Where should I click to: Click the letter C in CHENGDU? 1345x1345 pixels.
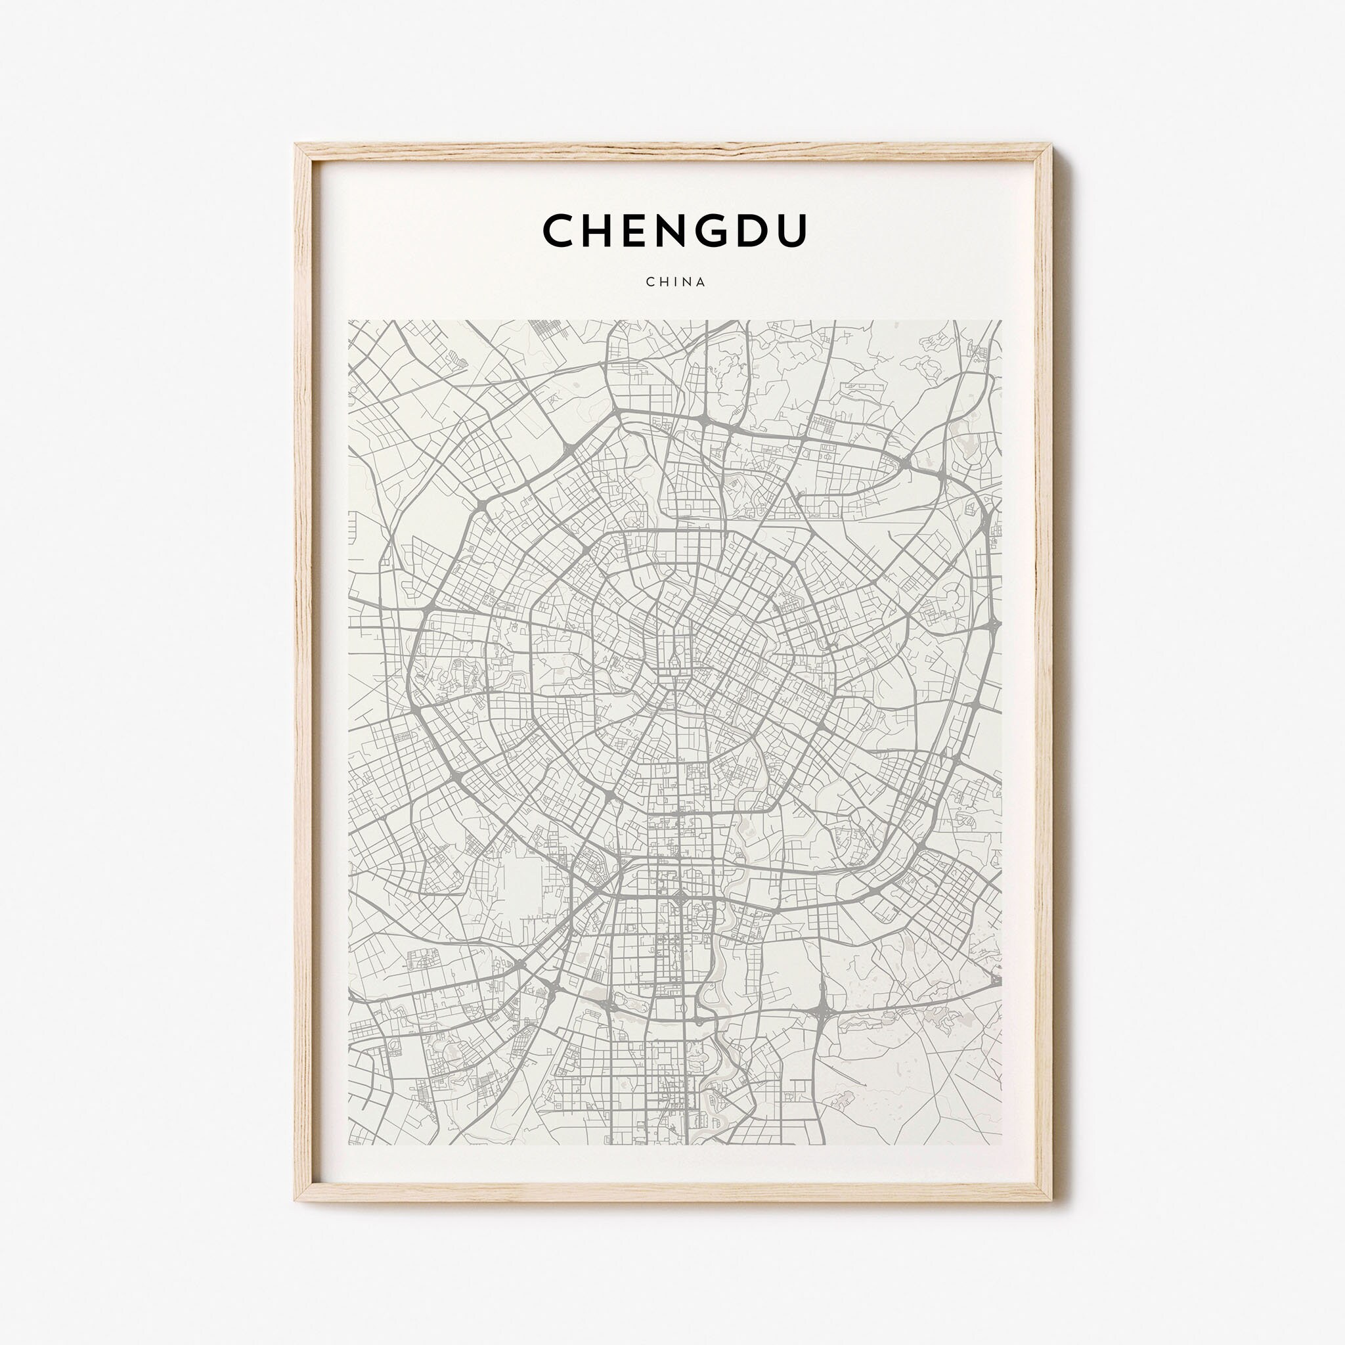560,231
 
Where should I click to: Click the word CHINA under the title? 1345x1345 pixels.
675,282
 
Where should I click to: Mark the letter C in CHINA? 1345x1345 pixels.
650,282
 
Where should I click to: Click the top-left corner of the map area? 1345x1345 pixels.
349,321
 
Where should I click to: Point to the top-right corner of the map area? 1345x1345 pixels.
1001,321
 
